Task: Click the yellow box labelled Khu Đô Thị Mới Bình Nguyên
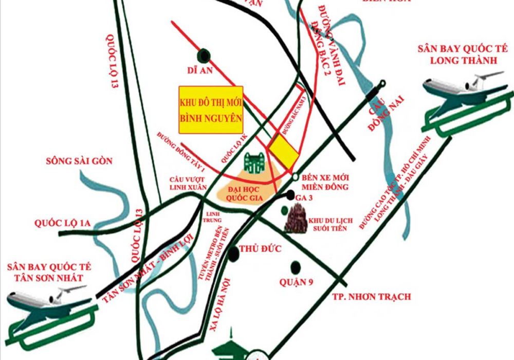point(211,110)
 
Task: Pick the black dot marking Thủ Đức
point(234,252)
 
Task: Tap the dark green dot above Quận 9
point(296,267)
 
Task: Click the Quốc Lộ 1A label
point(63,223)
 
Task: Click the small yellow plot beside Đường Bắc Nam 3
point(285,149)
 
